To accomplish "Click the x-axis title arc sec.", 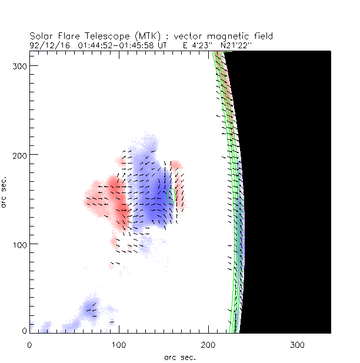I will tap(180, 357).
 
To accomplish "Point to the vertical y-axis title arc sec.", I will tap(5, 192).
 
